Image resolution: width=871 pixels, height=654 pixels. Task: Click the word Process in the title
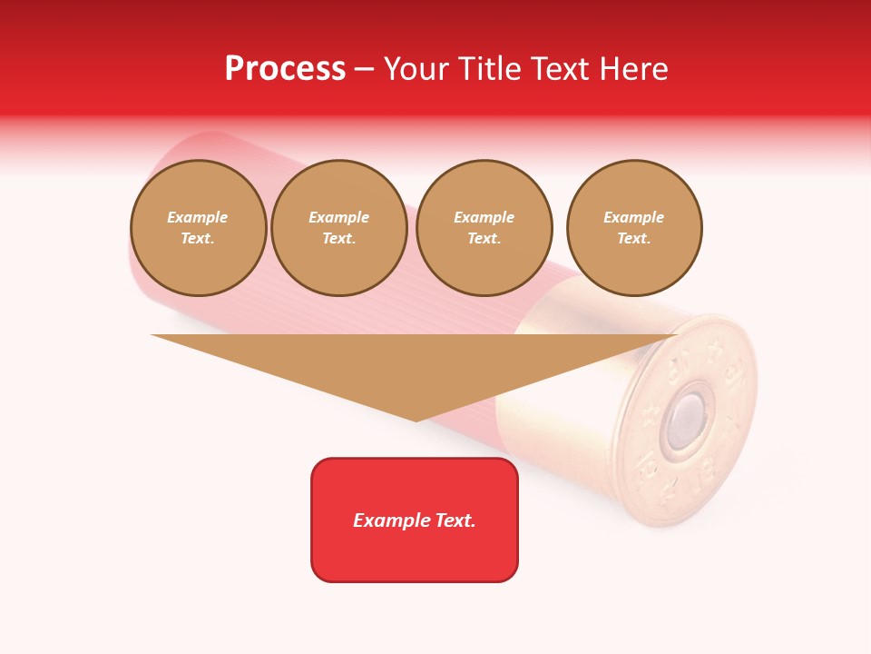click(285, 69)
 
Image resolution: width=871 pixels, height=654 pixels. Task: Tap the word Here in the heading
click(632, 69)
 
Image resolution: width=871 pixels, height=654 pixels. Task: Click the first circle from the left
click(199, 228)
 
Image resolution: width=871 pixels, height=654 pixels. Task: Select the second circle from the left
click(339, 228)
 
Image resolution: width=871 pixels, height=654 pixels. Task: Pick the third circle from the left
click(484, 228)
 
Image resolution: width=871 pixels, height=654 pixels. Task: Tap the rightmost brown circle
click(634, 228)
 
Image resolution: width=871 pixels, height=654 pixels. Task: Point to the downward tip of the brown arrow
click(416, 420)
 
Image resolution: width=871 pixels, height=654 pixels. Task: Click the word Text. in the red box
click(455, 520)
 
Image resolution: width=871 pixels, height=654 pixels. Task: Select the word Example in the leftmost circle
click(198, 217)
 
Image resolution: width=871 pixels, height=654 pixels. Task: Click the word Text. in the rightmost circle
click(634, 239)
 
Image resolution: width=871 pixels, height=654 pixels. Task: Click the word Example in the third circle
click(484, 217)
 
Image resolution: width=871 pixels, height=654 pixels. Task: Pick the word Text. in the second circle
click(339, 239)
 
